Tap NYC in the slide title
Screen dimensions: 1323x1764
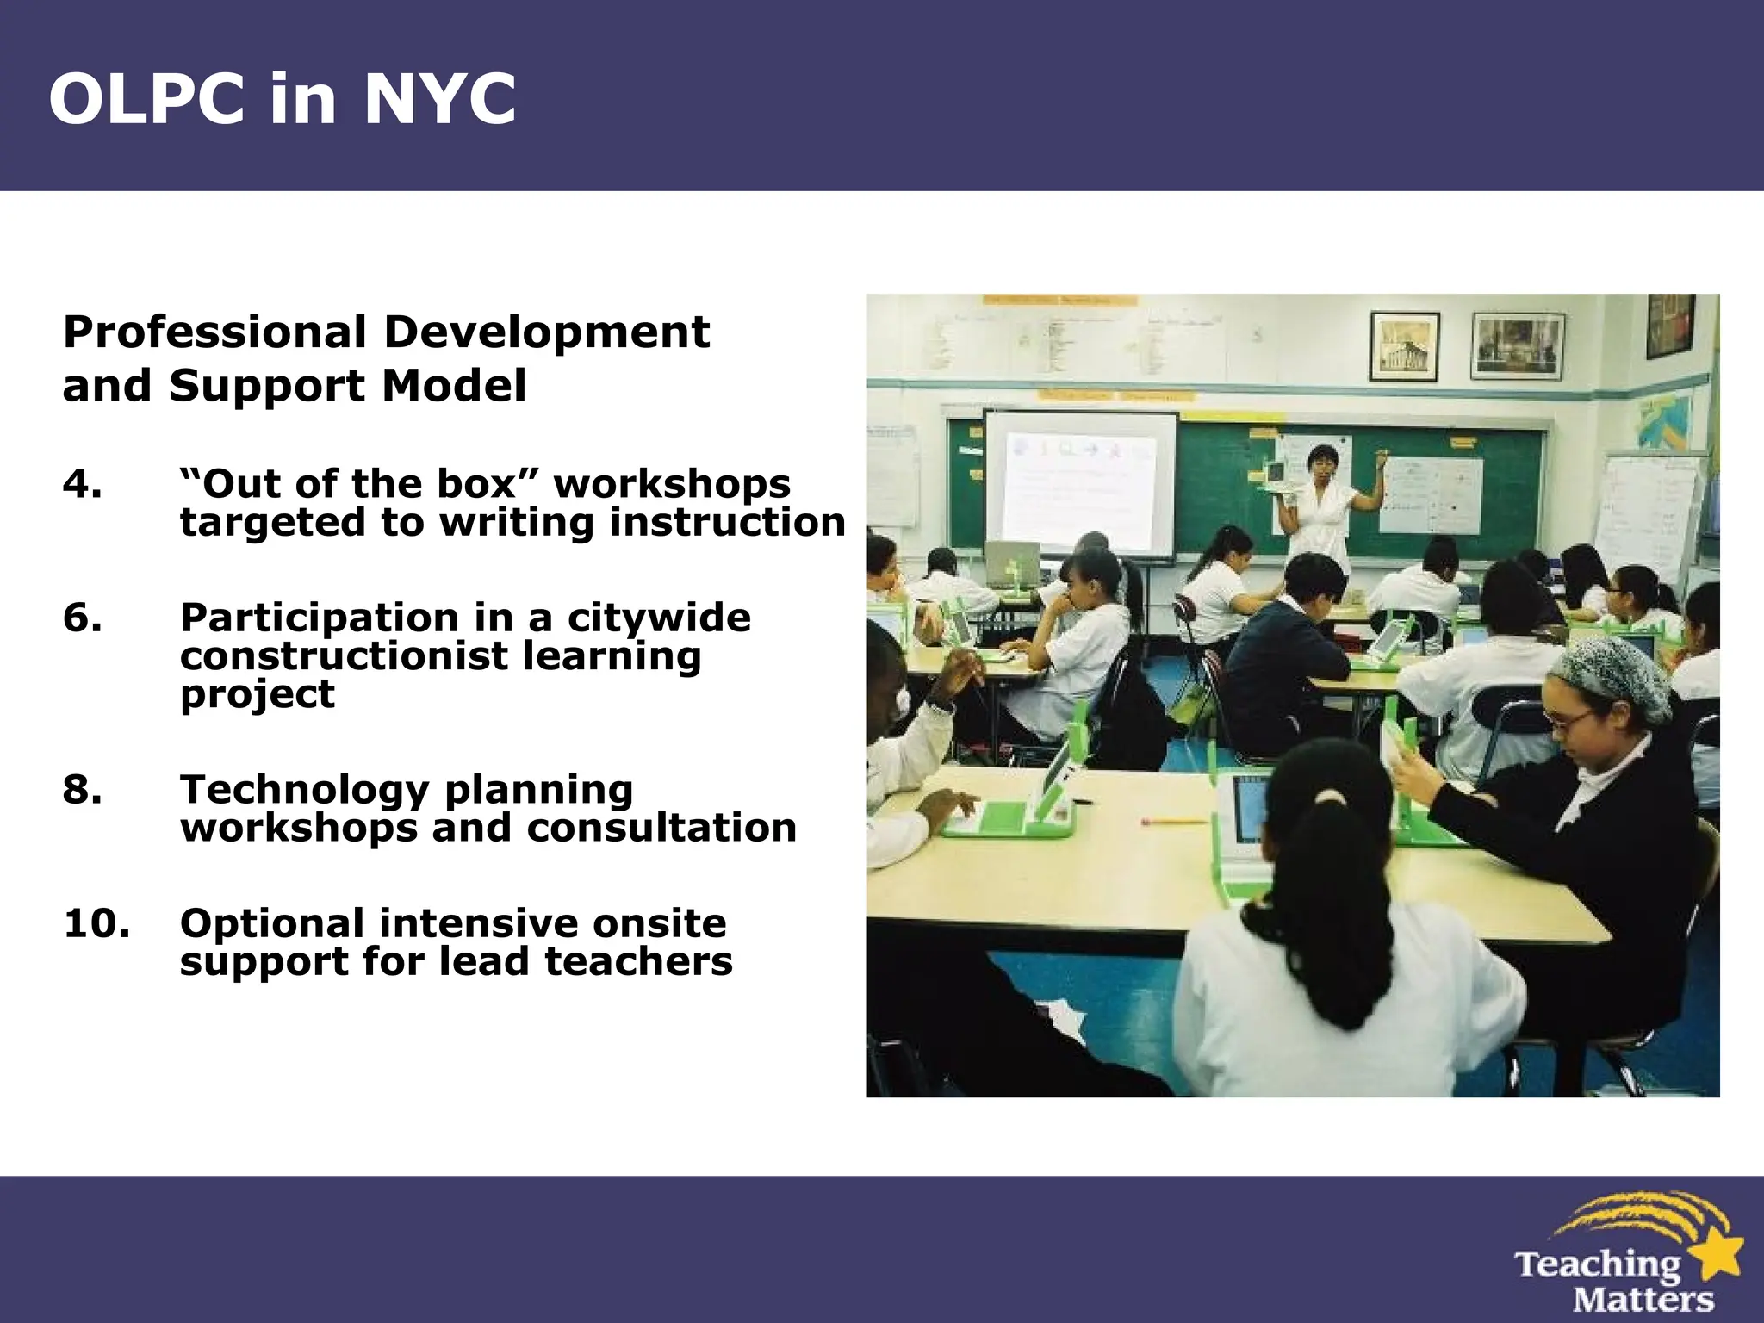(x=439, y=99)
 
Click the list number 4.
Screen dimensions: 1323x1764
(x=82, y=484)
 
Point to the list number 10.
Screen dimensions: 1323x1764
(x=96, y=923)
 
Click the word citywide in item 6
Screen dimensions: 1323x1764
(x=658, y=618)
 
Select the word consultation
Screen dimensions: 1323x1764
(x=661, y=828)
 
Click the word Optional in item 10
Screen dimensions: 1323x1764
(x=272, y=923)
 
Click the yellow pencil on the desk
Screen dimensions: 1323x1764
(x=1176, y=821)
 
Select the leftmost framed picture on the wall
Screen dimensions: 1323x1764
(x=1404, y=346)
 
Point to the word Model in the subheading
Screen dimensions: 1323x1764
(x=453, y=386)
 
